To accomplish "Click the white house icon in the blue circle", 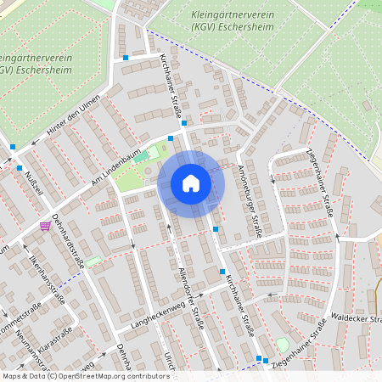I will coord(191,183).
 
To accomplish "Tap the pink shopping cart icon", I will coord(44,226).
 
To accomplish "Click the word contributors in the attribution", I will coord(145,376).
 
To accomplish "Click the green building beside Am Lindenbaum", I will coord(141,156).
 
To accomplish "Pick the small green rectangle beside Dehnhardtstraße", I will coord(93,261).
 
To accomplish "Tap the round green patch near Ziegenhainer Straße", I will coord(282,345).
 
